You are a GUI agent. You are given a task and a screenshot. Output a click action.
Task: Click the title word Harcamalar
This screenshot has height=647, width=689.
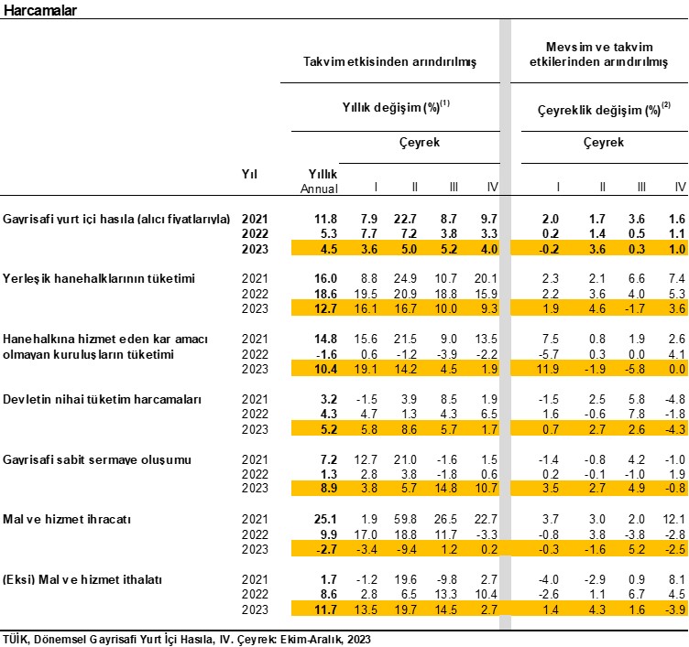pos(40,10)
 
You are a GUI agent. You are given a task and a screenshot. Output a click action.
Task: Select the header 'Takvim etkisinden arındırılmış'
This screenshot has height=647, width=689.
pos(389,61)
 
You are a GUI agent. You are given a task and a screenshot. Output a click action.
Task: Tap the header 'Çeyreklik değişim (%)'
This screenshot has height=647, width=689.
pos(599,110)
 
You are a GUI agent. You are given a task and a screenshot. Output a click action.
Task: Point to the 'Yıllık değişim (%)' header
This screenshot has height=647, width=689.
pos(391,108)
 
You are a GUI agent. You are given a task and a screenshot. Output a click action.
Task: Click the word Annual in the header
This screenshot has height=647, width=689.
pos(319,189)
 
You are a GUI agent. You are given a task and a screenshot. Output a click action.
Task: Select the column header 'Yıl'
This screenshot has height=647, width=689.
pos(249,174)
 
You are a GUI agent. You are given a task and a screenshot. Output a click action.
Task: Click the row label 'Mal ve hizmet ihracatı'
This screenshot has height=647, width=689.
pos(67,519)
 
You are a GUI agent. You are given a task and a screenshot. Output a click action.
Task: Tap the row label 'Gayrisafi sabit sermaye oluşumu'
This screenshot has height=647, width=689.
pos(97,459)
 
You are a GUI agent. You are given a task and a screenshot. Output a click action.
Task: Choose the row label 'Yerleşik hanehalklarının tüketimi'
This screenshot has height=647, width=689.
pos(99,279)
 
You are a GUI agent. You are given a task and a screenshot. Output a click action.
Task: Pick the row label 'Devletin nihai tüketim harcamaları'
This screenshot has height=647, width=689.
pos(102,399)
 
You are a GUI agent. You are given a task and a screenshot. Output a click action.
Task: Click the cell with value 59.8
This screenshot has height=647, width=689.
pos(405,519)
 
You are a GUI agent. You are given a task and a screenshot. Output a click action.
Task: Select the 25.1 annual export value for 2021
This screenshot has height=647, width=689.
pos(325,519)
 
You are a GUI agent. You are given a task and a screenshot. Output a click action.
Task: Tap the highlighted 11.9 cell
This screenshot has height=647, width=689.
pos(548,369)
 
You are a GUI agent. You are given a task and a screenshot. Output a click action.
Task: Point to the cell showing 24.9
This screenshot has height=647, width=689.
pos(405,279)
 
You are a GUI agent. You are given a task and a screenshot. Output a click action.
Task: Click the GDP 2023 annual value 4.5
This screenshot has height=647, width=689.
pos(329,249)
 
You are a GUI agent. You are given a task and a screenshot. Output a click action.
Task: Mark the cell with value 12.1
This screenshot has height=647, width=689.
pos(674,519)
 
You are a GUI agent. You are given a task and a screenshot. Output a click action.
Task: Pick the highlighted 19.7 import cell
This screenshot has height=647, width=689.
pos(405,609)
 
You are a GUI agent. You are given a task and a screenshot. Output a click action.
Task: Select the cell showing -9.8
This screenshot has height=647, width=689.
pos(447,579)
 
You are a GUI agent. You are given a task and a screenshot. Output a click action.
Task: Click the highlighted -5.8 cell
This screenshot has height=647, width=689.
pos(635,369)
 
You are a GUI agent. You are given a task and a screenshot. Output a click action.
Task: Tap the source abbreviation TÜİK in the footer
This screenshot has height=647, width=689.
pos(16,639)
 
